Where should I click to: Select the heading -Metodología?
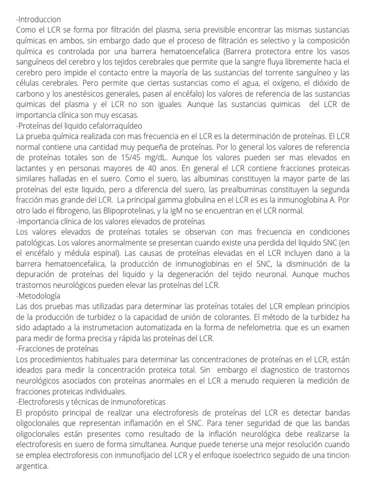point(39,295)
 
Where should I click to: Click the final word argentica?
point(32,467)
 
